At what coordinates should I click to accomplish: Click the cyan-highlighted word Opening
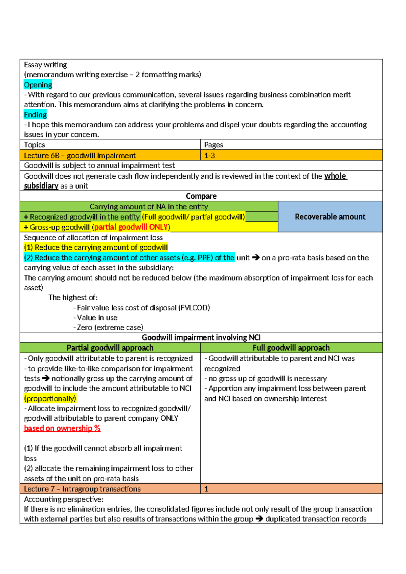coord(38,85)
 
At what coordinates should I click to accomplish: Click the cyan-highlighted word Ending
coord(35,115)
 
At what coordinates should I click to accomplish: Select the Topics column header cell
coord(110,145)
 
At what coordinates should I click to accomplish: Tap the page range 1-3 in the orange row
coord(209,156)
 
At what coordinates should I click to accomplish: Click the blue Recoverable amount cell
coord(330,217)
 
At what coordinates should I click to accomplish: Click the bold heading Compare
coord(201,196)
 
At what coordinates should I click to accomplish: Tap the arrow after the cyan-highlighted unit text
coord(256,258)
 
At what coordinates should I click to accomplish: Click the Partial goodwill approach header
coord(110,348)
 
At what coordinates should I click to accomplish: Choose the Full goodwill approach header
coord(291,348)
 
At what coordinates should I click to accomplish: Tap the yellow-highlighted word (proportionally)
coord(50,399)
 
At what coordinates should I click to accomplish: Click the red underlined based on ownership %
coord(62,428)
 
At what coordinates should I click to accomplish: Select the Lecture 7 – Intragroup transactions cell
coord(82,489)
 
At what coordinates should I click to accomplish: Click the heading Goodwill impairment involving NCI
coord(201,337)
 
